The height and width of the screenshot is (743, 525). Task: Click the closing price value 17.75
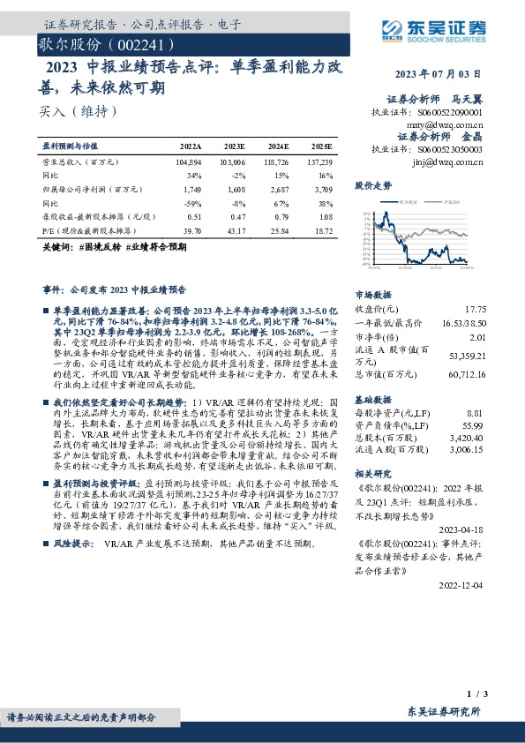click(476, 308)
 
